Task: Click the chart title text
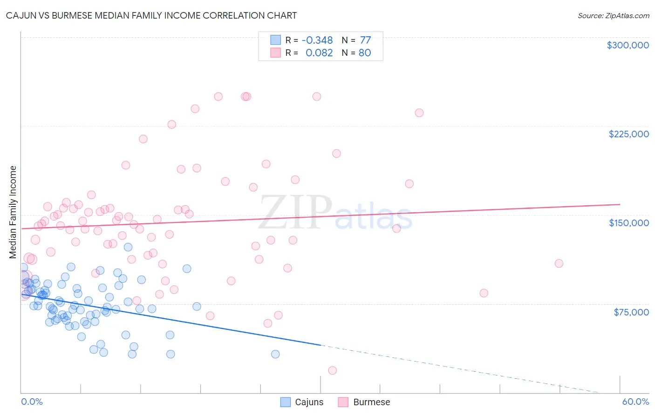pos(151,15)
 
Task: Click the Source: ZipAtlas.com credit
pos(613,15)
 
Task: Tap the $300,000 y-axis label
pos(628,45)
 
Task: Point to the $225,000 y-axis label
pos(628,134)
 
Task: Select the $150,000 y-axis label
pos(628,223)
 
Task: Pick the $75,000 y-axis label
pos(631,312)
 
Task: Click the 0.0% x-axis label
pos(32,402)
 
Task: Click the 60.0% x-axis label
pos(635,402)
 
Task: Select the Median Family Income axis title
pos(13,212)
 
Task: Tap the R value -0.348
pos(317,40)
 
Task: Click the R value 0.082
pos(319,53)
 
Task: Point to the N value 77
pos(365,40)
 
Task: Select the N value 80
pos(365,53)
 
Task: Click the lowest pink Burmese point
pos(332,370)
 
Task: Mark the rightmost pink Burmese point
pos(559,263)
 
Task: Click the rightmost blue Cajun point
pos(275,354)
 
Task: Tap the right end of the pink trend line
pos(620,204)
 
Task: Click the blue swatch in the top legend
pos(276,40)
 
